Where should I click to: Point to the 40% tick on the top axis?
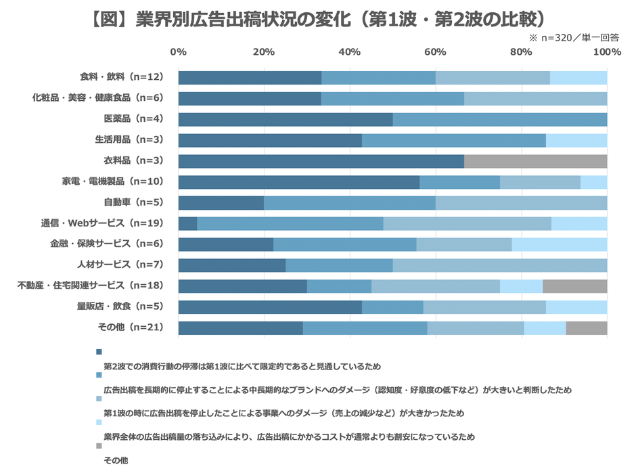349,52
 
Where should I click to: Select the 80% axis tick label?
520,52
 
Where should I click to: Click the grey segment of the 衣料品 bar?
535,161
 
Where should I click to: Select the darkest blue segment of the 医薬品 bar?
285,119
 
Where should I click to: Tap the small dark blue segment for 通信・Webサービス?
187,223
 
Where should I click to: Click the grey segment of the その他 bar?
586,328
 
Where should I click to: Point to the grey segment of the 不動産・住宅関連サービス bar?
574,286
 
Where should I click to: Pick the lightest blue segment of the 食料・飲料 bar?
578,78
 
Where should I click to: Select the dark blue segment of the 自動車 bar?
221,203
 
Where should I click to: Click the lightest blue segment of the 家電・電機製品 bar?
593,182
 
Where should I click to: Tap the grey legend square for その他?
99,446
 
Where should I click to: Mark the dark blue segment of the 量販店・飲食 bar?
269,307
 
